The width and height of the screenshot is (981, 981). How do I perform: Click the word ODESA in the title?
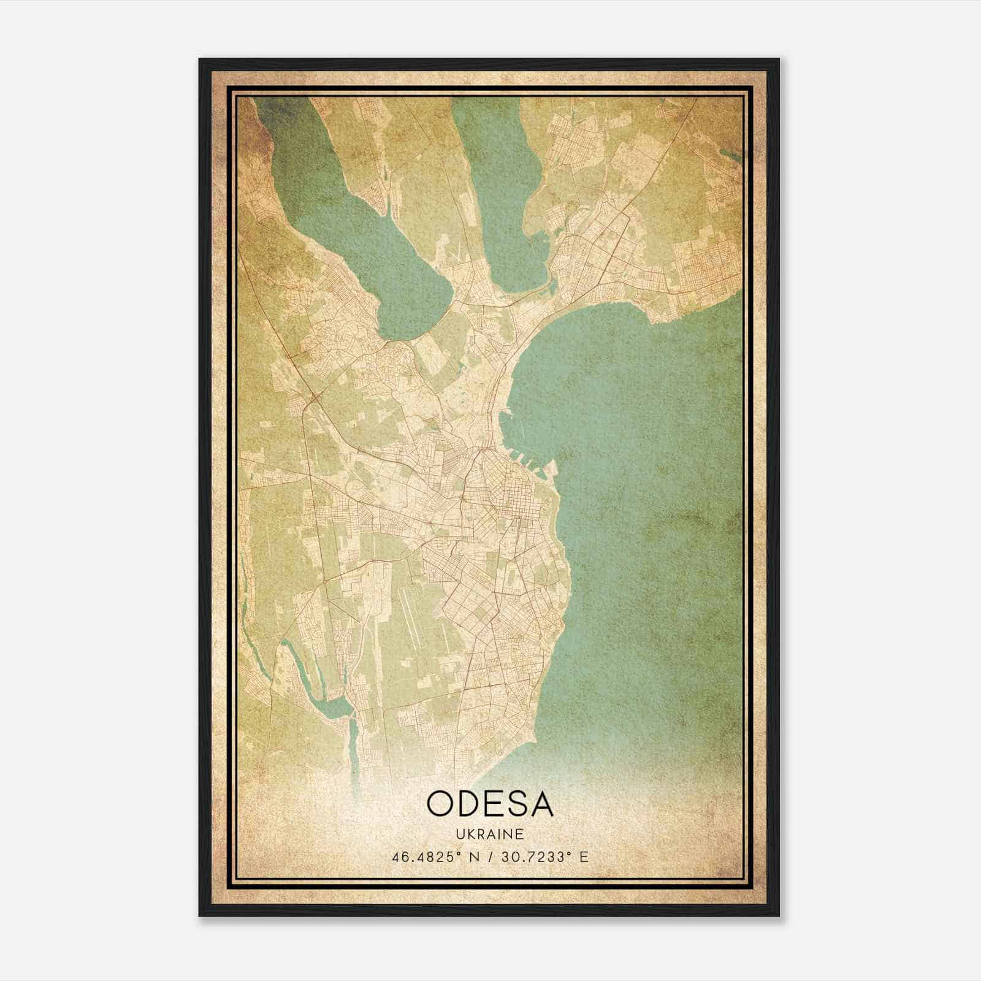[490, 804]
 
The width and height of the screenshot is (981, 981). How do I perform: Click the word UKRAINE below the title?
[490, 834]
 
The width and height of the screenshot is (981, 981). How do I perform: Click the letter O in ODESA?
[441, 804]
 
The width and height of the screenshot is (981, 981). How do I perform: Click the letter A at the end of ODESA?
[542, 804]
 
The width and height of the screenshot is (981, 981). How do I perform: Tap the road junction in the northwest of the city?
[313, 399]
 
